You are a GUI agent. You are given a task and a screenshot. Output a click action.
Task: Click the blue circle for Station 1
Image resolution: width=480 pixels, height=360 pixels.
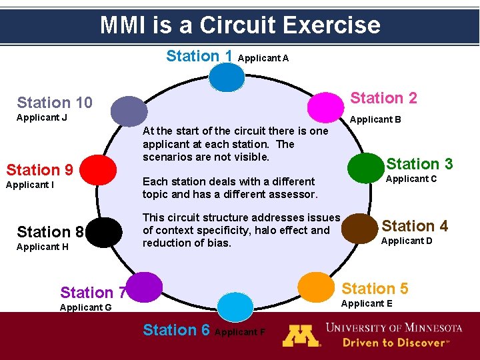coord(227,77)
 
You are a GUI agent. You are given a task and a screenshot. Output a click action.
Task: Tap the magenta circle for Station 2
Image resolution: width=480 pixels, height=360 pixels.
coord(325,105)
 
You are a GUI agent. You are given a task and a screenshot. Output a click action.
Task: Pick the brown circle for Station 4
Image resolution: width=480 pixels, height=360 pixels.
coord(359,227)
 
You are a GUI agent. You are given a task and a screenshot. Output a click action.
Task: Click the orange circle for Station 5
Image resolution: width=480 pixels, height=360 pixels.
coord(316,286)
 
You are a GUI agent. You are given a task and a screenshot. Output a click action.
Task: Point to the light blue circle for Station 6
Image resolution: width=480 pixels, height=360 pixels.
coord(236,307)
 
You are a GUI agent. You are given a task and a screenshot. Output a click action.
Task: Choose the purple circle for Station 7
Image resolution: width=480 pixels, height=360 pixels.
coord(145,287)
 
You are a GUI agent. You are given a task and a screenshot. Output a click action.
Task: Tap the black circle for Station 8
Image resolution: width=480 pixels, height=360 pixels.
coord(103,233)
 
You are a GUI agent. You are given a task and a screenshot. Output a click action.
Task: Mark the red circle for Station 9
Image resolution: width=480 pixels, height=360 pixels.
coord(106,169)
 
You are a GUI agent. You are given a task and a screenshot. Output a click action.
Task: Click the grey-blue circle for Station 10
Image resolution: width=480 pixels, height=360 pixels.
coord(129,110)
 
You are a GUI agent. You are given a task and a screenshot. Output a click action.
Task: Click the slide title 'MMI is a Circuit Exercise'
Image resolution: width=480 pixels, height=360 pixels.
coord(240,25)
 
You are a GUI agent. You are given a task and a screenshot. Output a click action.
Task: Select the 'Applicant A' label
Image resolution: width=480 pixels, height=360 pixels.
coord(263,58)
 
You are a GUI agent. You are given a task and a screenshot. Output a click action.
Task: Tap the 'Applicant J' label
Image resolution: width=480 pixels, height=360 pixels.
coord(42,118)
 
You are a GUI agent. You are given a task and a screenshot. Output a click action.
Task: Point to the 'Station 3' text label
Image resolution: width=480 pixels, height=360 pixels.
coord(419,164)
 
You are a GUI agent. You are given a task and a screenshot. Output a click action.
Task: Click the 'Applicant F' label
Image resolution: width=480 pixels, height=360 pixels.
coord(241,332)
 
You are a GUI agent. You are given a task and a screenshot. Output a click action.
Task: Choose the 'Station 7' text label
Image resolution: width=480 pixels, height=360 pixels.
coord(93,293)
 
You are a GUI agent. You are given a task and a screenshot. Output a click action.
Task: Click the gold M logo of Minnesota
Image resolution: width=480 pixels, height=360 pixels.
coord(301,335)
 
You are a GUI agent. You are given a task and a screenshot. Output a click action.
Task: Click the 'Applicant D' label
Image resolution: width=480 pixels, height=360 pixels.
coord(406,241)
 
